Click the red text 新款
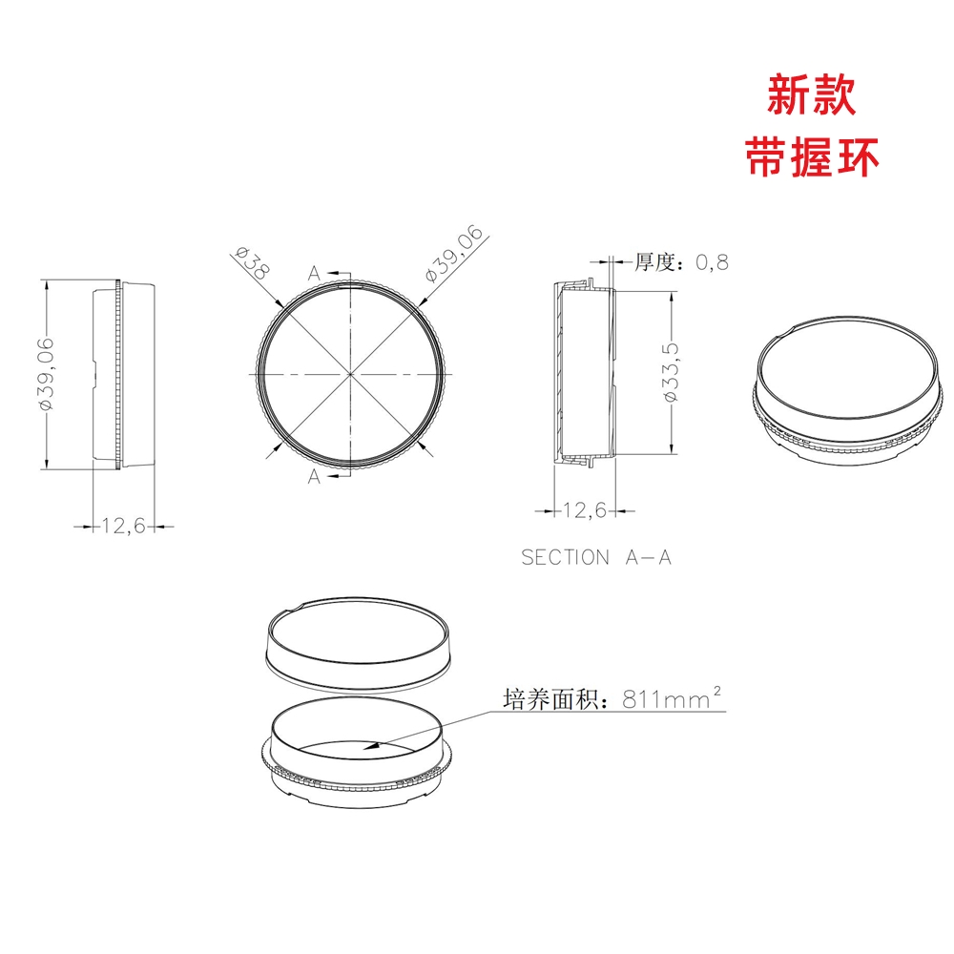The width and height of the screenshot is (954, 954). click(x=811, y=94)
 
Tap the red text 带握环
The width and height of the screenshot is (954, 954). click(x=812, y=157)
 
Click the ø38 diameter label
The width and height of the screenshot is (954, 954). click(x=252, y=263)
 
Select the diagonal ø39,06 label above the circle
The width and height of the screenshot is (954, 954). click(x=454, y=254)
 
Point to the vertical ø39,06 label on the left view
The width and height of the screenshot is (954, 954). click(x=47, y=374)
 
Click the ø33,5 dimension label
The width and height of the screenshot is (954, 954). click(x=670, y=372)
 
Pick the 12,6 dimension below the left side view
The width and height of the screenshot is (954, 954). click(x=123, y=525)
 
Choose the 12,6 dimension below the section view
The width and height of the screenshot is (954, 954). click(x=585, y=509)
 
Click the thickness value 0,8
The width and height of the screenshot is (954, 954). click(x=712, y=262)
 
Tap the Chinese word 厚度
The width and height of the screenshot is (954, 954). click(x=654, y=262)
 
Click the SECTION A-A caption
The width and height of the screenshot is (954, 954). click(x=596, y=557)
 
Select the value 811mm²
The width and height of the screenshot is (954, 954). click(x=672, y=698)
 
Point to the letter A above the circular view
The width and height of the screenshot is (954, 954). click(x=314, y=273)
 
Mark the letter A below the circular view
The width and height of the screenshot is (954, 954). click(x=314, y=476)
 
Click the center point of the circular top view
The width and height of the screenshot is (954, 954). click(x=351, y=373)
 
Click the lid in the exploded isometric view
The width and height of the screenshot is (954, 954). click(x=358, y=645)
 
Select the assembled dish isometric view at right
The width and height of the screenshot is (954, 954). click(x=849, y=390)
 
